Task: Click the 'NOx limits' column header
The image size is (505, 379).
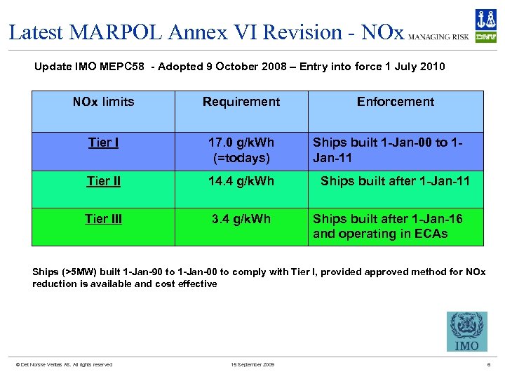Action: (x=103, y=102)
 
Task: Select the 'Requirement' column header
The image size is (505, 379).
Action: (x=241, y=102)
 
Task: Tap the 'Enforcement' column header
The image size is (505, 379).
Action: (x=396, y=102)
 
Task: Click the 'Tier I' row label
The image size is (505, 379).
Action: (x=103, y=143)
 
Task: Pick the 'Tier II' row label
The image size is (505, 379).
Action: (x=103, y=182)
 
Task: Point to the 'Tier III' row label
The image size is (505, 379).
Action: (x=103, y=219)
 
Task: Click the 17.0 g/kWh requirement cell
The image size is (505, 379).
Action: (x=241, y=150)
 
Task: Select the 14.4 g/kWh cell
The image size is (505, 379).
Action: (x=241, y=182)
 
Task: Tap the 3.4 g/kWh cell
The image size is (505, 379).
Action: (x=241, y=219)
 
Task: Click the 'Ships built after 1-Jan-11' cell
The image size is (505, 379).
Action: (x=395, y=182)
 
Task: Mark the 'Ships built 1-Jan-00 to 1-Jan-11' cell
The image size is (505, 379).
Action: (x=389, y=150)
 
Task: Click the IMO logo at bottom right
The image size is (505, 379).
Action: (x=466, y=331)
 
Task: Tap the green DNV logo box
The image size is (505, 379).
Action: (x=485, y=36)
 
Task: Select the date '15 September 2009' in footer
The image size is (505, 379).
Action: (x=252, y=364)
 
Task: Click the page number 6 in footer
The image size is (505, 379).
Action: (x=488, y=364)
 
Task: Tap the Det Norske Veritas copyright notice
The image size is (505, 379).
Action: (x=64, y=364)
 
